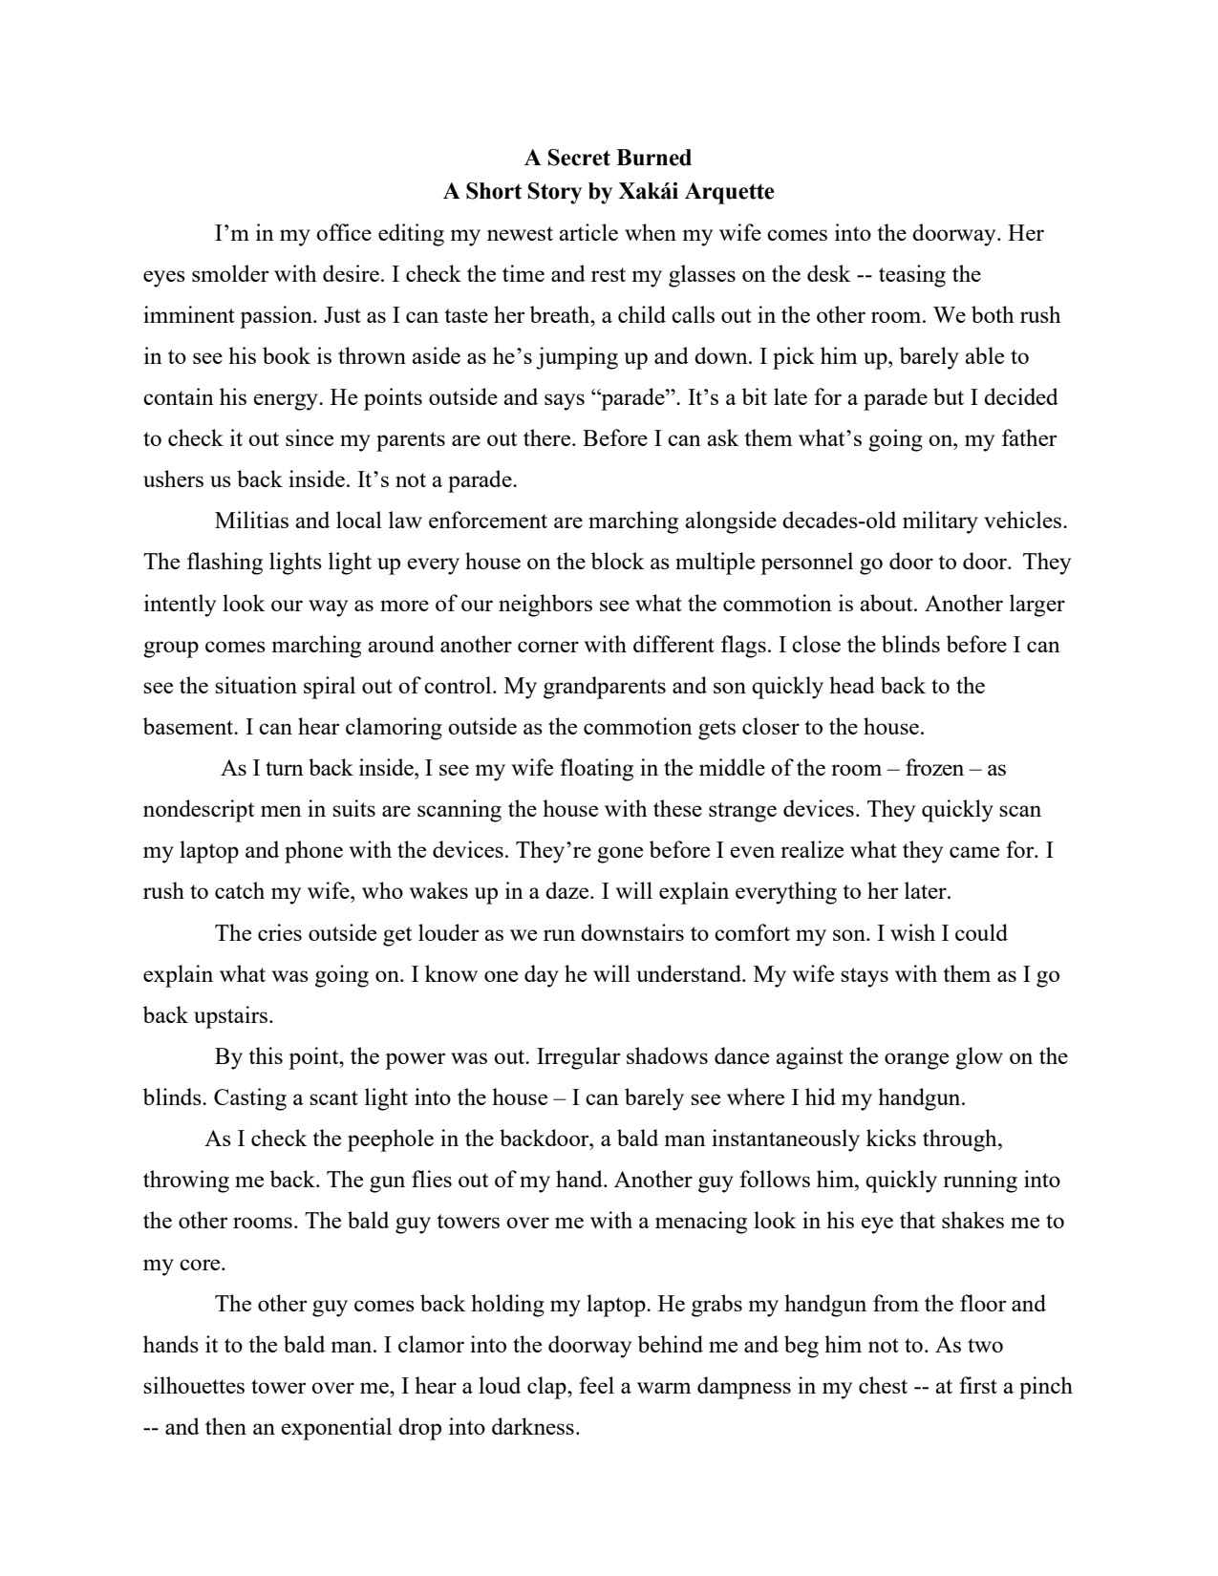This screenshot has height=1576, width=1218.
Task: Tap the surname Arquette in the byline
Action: pyautogui.click(x=731, y=192)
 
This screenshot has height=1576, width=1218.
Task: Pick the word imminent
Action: pyautogui.click(x=182, y=316)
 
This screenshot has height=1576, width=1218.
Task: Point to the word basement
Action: pyautogui.click(x=189, y=727)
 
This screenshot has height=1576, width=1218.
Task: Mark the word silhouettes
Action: pyautogui.click(x=199, y=1386)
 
